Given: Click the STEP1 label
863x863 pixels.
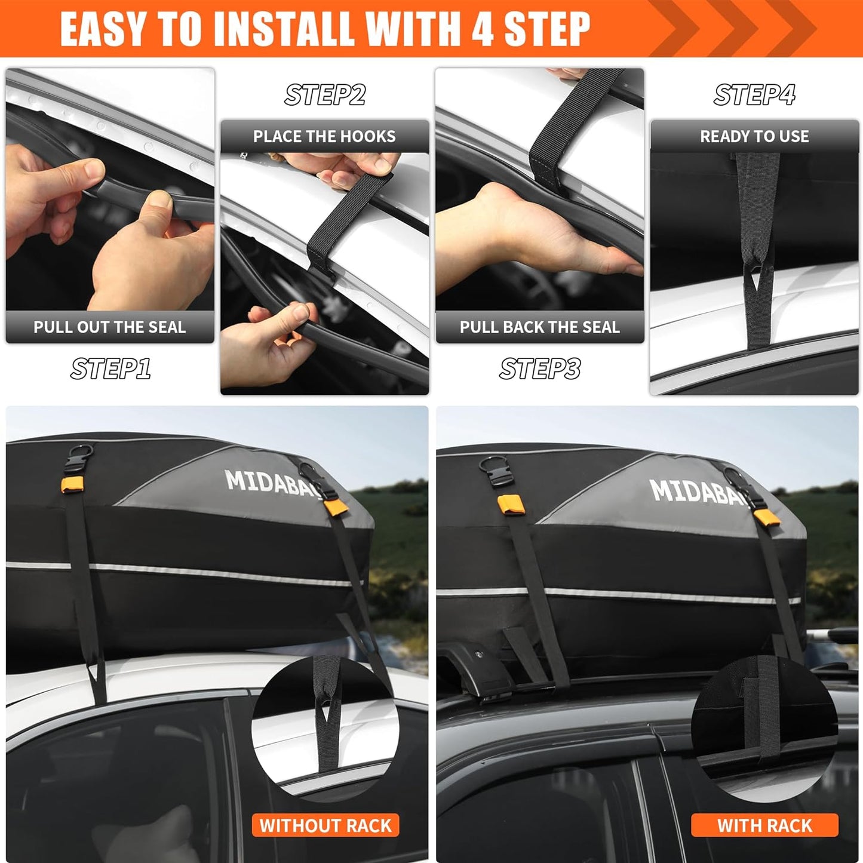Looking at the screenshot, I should [x=110, y=368].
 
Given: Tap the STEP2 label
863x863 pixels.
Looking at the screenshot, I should [x=324, y=95].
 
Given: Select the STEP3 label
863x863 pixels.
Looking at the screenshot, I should [x=540, y=368].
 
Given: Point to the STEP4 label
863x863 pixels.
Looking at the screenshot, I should [x=754, y=95].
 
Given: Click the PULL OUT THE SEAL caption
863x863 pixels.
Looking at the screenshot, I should [x=110, y=327].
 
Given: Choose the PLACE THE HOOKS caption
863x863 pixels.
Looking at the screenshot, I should [x=324, y=137].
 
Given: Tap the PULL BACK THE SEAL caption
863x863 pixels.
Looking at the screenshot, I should [x=540, y=327].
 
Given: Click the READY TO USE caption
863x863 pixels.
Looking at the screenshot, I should [x=754, y=137].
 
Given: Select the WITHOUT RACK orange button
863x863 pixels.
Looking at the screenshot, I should [x=325, y=825].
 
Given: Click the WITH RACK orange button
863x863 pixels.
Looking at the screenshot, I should [x=764, y=825].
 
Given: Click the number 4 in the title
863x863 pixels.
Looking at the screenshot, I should [x=481, y=28].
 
